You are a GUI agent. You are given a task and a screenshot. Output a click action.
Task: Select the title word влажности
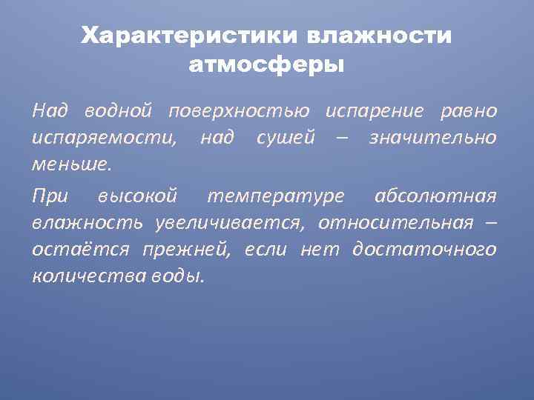point(378,36)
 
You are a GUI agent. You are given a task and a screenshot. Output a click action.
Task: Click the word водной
point(116,111)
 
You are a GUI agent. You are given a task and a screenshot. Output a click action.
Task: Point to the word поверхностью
point(239,111)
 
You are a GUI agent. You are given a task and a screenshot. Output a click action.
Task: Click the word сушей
point(286,137)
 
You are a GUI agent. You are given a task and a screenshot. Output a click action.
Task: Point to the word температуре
point(276,196)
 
